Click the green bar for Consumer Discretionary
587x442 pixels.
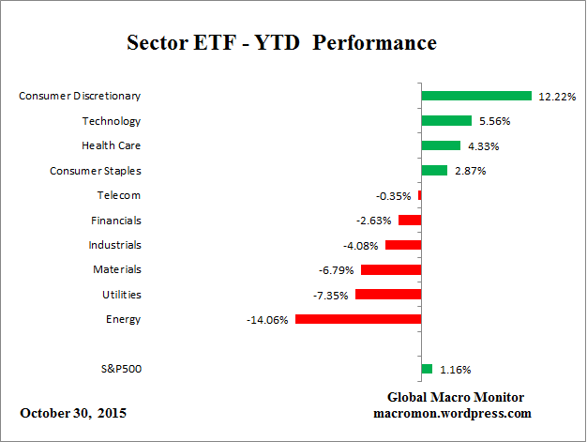click(476, 96)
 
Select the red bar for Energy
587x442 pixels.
click(358, 319)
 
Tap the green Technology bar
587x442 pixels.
click(446, 120)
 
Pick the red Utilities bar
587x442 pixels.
click(388, 295)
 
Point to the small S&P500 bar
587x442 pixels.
click(427, 369)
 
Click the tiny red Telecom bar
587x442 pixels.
click(419, 195)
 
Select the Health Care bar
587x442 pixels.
click(441, 145)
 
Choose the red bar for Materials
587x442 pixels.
click(391, 269)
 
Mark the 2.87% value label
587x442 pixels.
click(468, 171)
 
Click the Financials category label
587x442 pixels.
click(116, 221)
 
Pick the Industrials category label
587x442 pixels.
click(115, 245)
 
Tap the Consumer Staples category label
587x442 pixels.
click(95, 171)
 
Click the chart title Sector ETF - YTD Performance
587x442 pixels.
click(281, 43)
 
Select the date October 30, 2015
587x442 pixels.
click(73, 413)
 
